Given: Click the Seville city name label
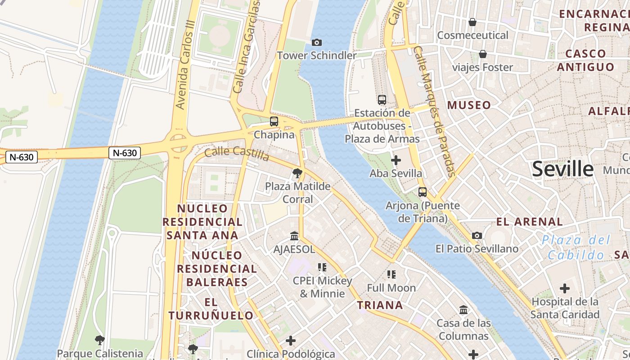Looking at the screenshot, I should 562,169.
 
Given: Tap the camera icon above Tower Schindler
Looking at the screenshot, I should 317,42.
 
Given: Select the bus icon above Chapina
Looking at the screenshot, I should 274,121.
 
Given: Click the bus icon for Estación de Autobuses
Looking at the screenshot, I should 382,100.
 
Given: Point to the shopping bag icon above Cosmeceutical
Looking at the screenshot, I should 472,22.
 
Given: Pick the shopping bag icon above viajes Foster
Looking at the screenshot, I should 483,54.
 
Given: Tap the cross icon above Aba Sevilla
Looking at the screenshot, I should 396,160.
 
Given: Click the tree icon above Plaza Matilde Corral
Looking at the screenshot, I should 297,173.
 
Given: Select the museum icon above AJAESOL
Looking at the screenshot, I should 294,236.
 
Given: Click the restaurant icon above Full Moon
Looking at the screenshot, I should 391,274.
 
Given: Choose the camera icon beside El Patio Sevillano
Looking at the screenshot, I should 477,235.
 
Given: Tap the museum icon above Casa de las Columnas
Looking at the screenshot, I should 463,310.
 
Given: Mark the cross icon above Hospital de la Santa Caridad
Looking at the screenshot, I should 565,288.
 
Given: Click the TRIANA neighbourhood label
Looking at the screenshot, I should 380,305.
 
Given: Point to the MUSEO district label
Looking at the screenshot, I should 469,105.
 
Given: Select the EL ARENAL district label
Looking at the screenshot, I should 529,221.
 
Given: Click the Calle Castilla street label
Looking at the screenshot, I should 237,153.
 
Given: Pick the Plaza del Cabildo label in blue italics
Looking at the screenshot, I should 576,247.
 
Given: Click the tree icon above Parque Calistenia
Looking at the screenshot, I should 100,340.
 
